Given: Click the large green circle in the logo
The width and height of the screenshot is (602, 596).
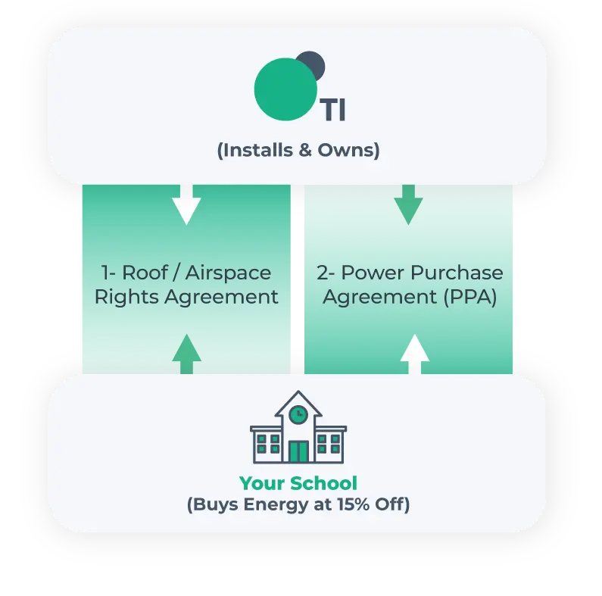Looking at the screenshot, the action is (x=285, y=89).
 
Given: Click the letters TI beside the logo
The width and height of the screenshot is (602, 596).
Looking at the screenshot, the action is (x=335, y=111).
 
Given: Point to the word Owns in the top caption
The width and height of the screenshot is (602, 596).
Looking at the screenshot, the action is (x=345, y=150).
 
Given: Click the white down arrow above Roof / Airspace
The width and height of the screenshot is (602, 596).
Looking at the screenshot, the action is (x=186, y=204).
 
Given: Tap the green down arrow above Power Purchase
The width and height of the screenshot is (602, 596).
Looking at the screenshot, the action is (x=408, y=204).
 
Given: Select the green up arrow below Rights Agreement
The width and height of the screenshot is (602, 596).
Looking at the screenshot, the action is (x=186, y=354).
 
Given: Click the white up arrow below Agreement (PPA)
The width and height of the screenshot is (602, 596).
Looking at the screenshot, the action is (x=415, y=354).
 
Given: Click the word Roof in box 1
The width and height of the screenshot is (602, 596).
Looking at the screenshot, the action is (x=145, y=273).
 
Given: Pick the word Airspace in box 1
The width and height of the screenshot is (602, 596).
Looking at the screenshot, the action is (x=228, y=274).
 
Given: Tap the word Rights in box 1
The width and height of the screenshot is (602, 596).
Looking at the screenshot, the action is (x=126, y=297).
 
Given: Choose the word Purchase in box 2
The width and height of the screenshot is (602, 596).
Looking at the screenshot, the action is (x=457, y=273).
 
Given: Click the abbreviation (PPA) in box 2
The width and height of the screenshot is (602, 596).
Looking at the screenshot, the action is (x=470, y=297).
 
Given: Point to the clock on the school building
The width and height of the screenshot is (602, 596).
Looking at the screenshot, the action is (x=298, y=414).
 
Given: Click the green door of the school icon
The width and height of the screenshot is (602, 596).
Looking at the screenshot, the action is (x=298, y=451).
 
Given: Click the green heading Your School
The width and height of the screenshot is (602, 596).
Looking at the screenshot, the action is (x=298, y=483).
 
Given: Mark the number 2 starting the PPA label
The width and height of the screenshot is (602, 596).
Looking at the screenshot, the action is (x=321, y=273).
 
